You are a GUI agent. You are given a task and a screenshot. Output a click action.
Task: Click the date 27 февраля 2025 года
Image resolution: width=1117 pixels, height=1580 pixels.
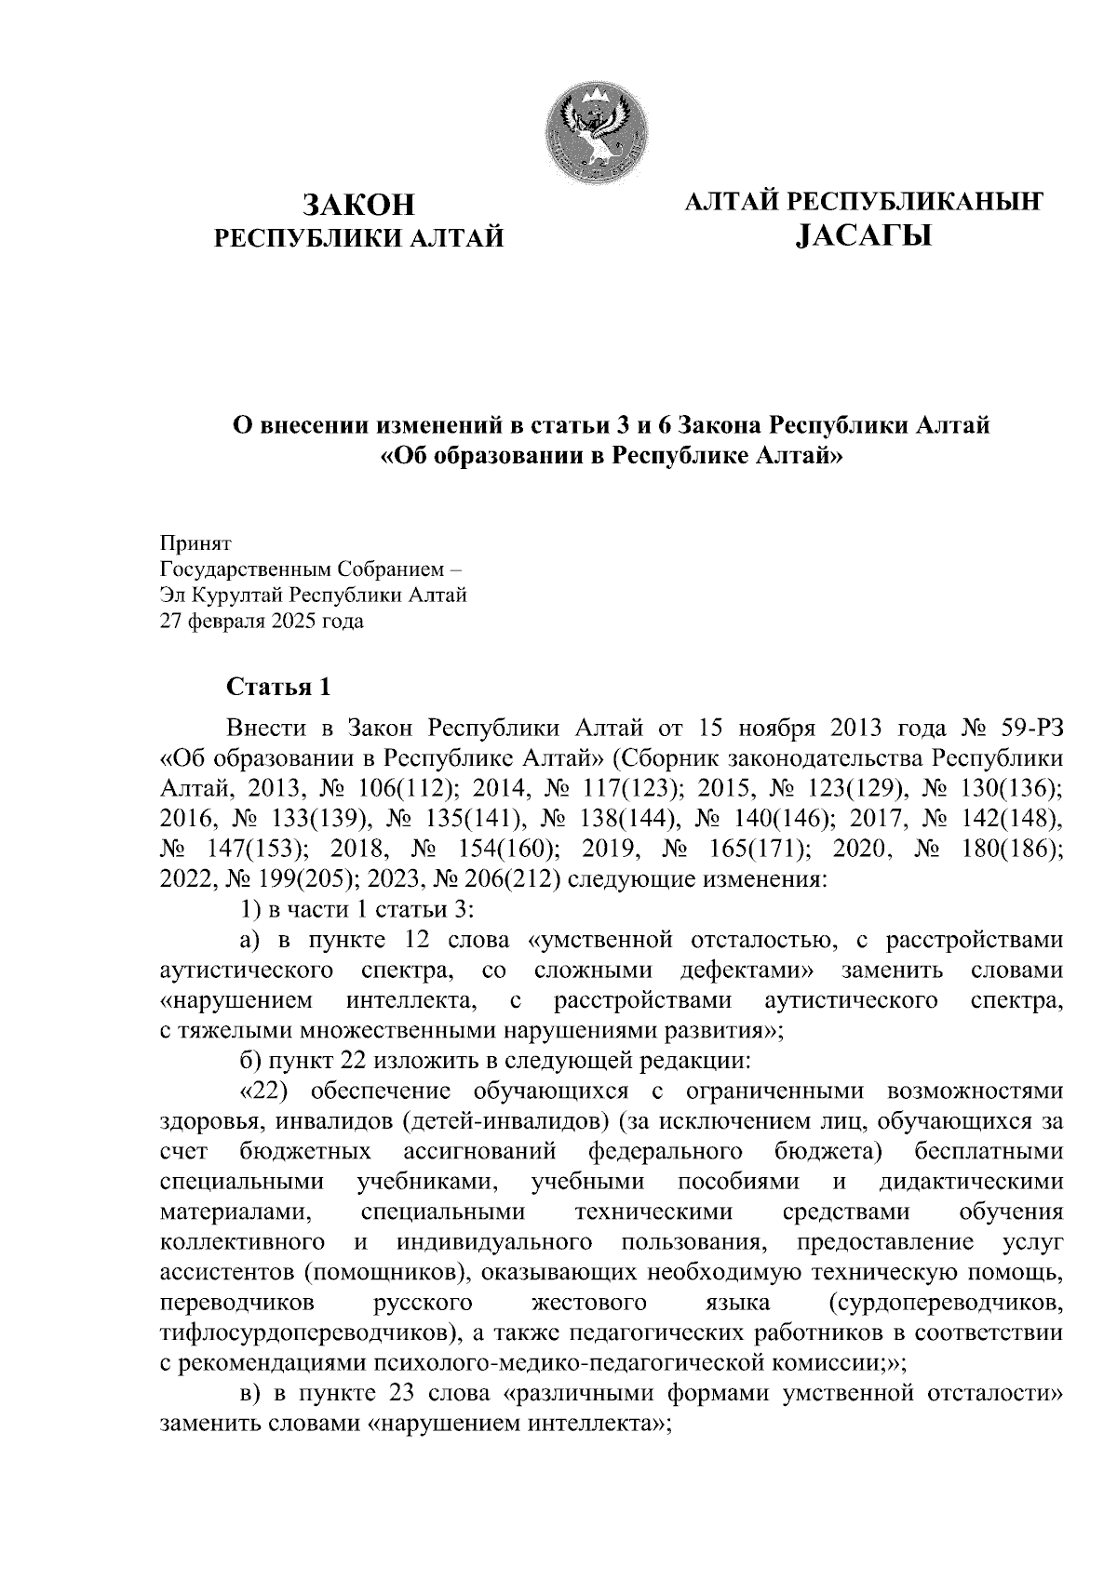point(262,621)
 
